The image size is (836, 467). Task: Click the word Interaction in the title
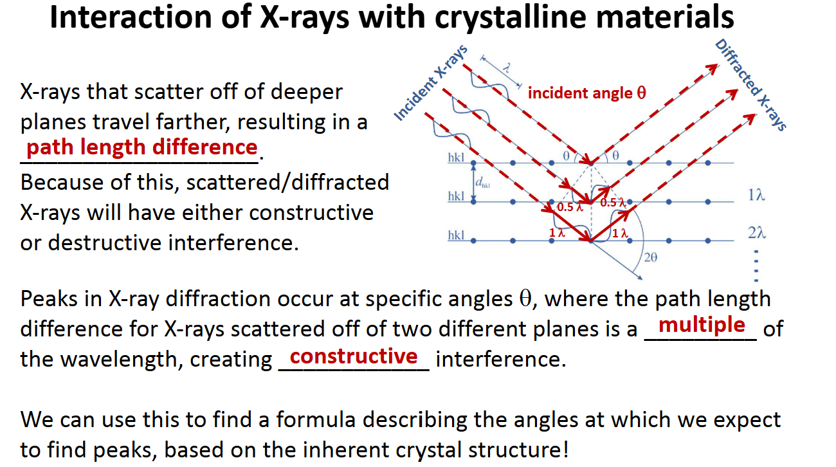(131, 17)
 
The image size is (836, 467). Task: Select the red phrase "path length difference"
(142, 147)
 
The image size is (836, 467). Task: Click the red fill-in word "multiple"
(702, 325)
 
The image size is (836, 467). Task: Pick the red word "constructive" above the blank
(354, 356)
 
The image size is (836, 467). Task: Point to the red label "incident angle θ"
(586, 93)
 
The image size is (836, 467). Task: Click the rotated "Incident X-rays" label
(430, 83)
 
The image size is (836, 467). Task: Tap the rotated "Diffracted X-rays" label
(750, 85)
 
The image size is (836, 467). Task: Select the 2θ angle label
(651, 257)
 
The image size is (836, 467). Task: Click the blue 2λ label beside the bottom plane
(756, 233)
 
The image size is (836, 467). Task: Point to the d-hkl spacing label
(482, 183)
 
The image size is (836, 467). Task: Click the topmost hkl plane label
(456, 158)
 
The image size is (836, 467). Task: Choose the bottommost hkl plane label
(456, 235)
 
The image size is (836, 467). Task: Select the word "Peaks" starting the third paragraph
(50, 298)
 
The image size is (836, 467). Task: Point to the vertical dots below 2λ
(756, 266)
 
